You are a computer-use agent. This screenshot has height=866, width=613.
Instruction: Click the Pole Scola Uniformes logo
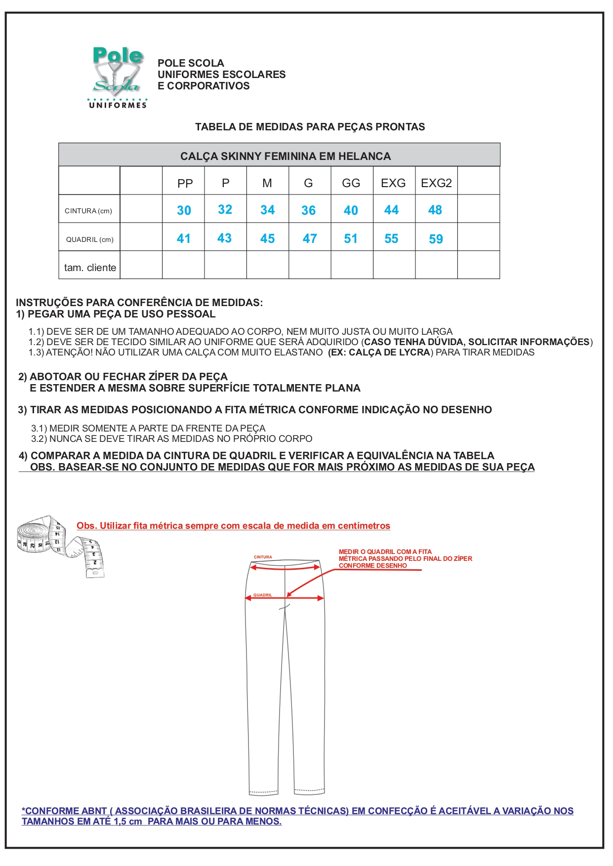pos(118,77)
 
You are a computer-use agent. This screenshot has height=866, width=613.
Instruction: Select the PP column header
pos(185,183)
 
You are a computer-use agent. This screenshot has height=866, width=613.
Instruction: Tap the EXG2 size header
pos(436,183)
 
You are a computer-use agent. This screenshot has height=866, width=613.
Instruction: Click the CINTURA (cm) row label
pos(88,211)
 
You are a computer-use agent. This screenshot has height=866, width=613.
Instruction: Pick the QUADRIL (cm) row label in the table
pos(90,239)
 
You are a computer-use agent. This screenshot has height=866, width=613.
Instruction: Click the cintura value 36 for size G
pos(309,210)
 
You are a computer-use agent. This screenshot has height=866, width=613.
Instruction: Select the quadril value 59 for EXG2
pos(436,239)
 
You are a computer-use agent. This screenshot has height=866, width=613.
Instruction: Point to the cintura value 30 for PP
pos(184,210)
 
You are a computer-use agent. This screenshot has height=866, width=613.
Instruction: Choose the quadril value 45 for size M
pos(267,238)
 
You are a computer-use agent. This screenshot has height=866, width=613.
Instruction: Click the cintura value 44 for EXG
pos(391,210)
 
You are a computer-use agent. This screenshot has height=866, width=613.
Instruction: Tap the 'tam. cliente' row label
pos(90,268)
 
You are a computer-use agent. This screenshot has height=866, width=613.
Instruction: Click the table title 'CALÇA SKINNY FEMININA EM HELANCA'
pos(285,156)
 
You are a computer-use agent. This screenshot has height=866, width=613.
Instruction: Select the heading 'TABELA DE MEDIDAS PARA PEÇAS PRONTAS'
pos(310,127)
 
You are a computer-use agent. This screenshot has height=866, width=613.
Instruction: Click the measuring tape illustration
pos(60,546)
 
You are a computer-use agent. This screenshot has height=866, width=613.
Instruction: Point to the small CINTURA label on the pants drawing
pos(263,557)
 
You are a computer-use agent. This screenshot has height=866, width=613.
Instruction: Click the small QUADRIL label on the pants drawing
pos(263,595)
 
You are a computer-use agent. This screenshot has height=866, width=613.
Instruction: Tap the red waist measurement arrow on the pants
pos(285,568)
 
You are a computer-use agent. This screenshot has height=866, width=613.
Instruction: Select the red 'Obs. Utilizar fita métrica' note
pos(233,526)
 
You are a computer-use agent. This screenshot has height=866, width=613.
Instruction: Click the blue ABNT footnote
pos(297,816)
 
